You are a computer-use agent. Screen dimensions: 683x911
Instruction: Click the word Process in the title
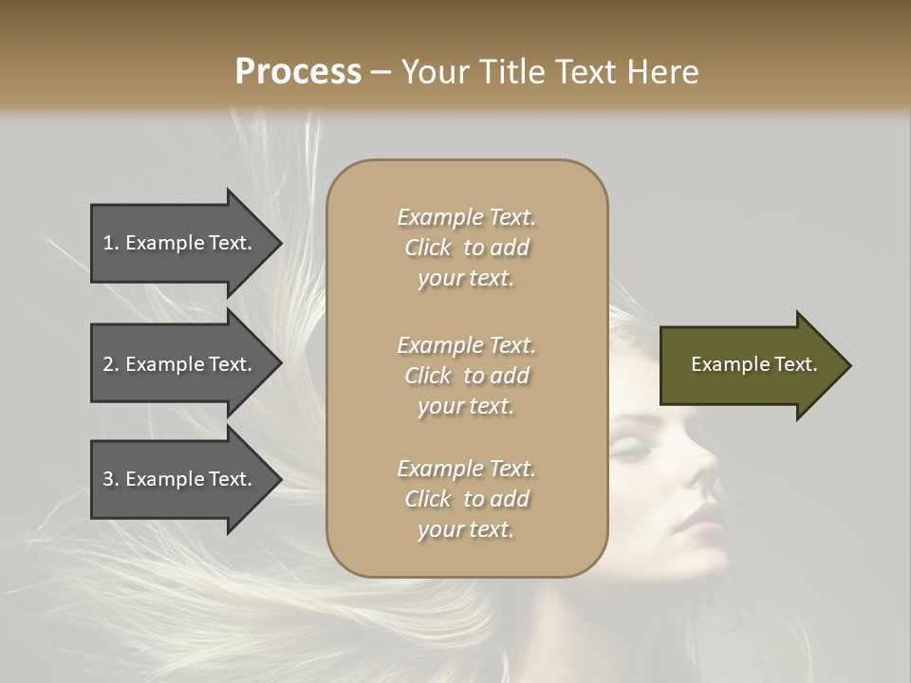(298, 72)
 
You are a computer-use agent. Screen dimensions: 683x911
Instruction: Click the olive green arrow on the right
(750, 365)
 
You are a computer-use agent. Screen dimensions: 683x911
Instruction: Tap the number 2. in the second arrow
(111, 364)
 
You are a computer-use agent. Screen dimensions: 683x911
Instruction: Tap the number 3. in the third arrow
(111, 479)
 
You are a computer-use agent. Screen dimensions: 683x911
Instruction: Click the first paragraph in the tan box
(466, 248)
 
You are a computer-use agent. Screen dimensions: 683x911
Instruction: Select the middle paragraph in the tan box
(466, 376)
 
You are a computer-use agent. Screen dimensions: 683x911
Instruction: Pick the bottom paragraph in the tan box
(466, 499)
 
